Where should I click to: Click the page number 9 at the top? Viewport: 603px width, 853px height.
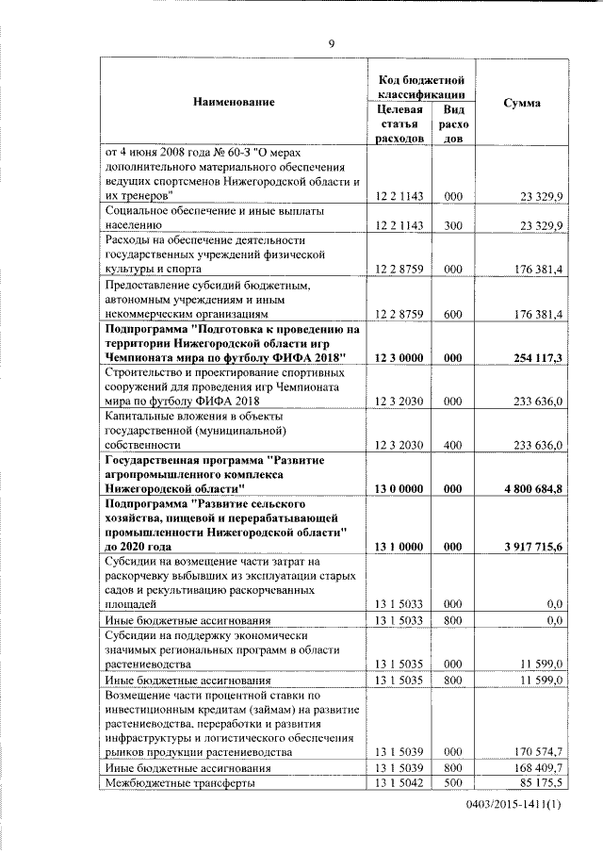click(331, 42)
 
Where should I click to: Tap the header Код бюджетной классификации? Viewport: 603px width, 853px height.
click(421, 86)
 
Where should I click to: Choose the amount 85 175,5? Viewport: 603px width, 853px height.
click(539, 783)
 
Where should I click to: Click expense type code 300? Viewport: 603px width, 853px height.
click(453, 226)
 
